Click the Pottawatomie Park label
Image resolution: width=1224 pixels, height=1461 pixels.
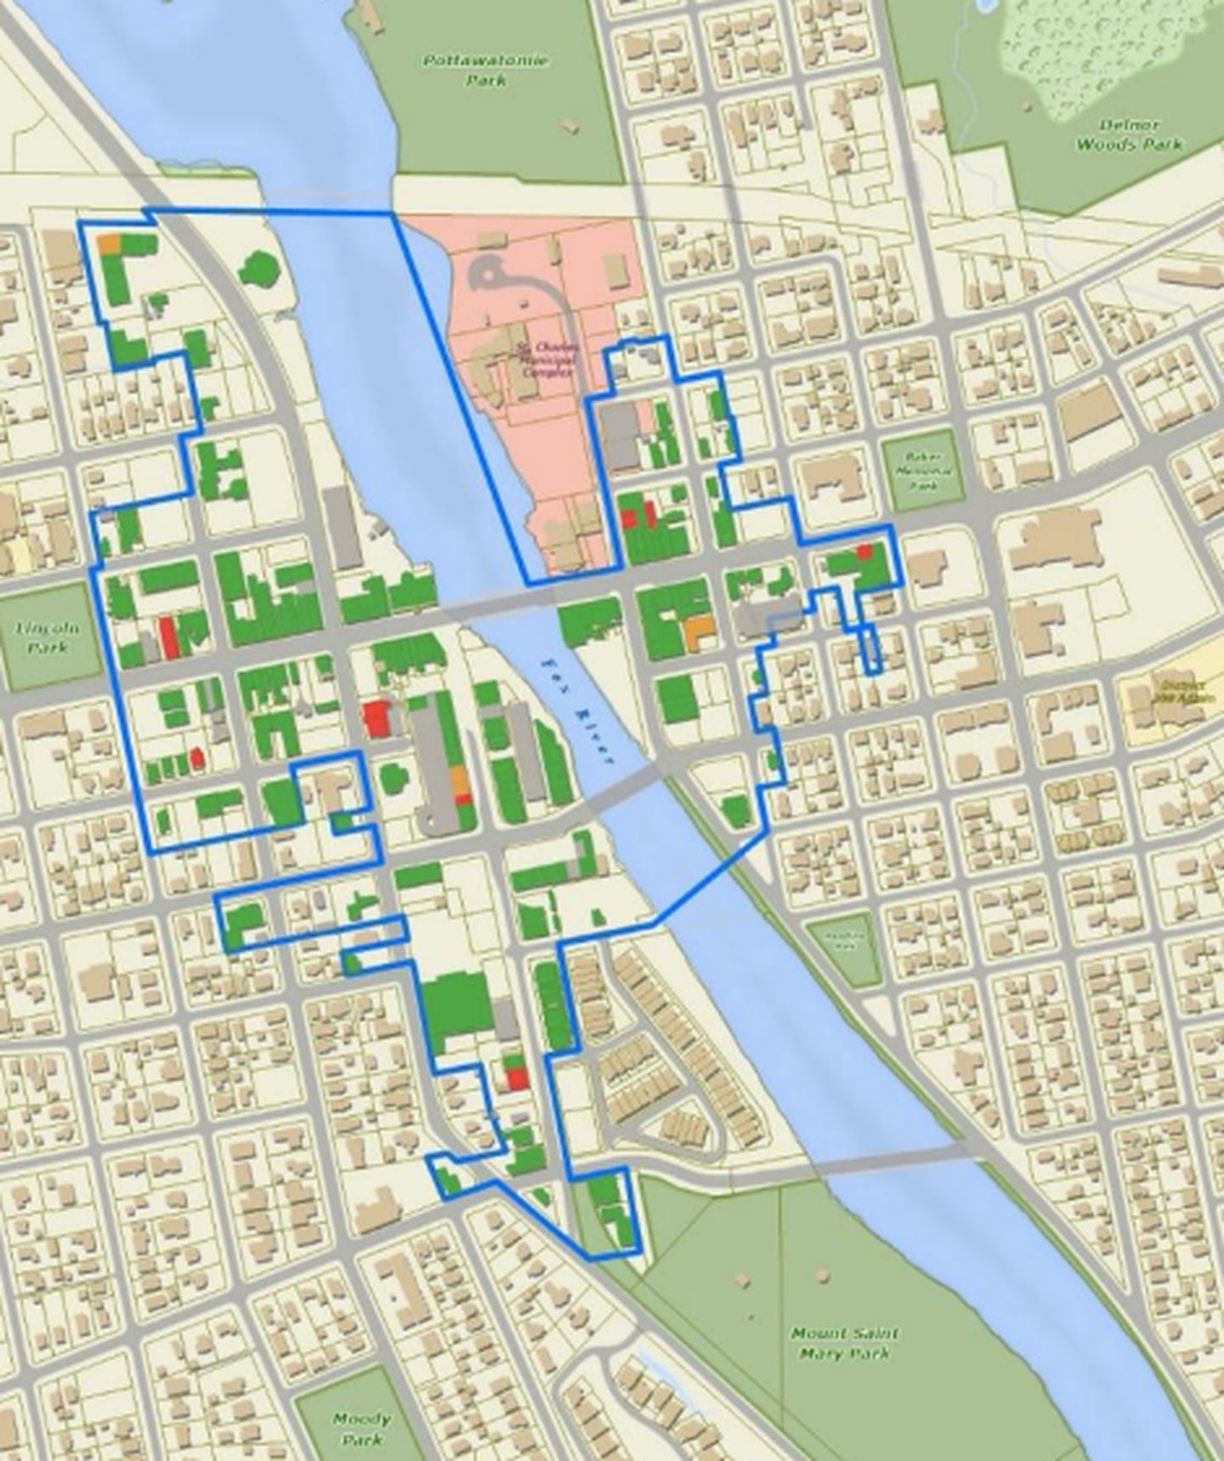pos(486,71)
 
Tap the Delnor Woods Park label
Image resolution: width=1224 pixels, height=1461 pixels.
pos(1129,135)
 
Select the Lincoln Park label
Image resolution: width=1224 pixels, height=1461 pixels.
pos(47,637)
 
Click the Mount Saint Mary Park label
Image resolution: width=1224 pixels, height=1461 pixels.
pos(844,1343)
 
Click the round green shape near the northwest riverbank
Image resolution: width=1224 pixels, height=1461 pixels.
pos(258,270)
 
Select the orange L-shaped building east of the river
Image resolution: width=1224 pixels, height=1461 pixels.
pos(698,632)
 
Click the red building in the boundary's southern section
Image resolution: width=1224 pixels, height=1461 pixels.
pos(517,1078)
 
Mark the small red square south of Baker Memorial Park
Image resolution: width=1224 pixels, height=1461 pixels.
pos(864,552)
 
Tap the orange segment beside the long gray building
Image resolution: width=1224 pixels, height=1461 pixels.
pos(459,779)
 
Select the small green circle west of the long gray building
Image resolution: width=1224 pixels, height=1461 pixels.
pos(392,776)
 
